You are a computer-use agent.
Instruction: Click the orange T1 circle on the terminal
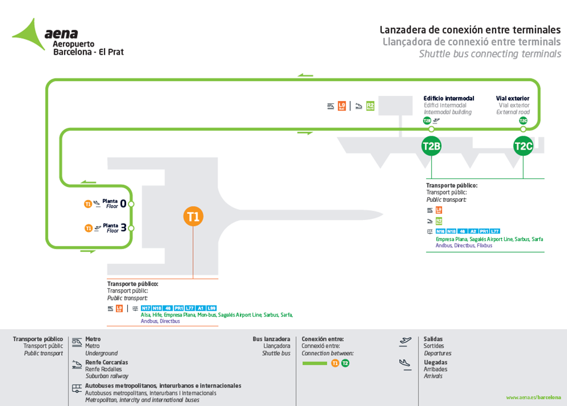[193, 217]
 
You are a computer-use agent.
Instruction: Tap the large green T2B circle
[431, 146]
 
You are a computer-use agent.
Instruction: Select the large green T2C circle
[523, 146]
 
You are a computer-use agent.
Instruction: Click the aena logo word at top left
[61, 34]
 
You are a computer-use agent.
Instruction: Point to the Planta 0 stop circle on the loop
[131, 204]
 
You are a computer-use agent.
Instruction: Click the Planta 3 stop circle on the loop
[131, 228]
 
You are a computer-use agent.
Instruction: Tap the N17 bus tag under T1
[146, 308]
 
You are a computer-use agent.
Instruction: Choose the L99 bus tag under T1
[211, 308]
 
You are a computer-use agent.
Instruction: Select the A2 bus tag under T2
[473, 231]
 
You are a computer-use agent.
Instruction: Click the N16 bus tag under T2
[440, 231]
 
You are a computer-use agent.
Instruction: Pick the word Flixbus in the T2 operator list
[484, 246]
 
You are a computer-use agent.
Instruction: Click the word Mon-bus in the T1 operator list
[208, 315]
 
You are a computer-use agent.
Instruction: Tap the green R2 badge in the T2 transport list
[439, 221]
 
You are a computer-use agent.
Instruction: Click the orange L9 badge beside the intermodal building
[342, 105]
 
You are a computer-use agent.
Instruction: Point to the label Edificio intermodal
[449, 99]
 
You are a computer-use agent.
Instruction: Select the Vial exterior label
[513, 99]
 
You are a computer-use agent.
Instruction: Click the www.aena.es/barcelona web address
[533, 397]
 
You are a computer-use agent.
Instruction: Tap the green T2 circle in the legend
[345, 363]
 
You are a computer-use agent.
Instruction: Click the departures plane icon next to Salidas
[405, 342]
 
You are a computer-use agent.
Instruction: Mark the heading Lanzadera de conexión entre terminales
[471, 30]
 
